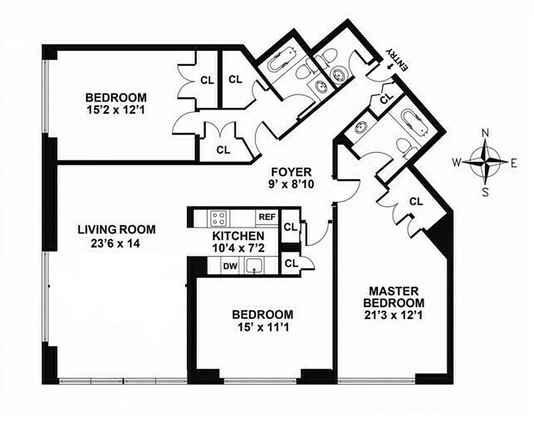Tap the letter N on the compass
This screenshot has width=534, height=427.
tap(485, 133)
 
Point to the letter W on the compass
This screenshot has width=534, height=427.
tap(457, 162)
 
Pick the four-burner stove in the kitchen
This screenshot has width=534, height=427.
tap(218, 218)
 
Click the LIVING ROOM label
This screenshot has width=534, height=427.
tap(117, 230)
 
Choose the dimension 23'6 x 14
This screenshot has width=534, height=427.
tap(116, 244)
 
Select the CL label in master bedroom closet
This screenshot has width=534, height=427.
tap(416, 201)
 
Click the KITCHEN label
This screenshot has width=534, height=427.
tap(237, 236)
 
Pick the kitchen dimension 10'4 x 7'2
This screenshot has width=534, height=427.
tap(237, 247)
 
